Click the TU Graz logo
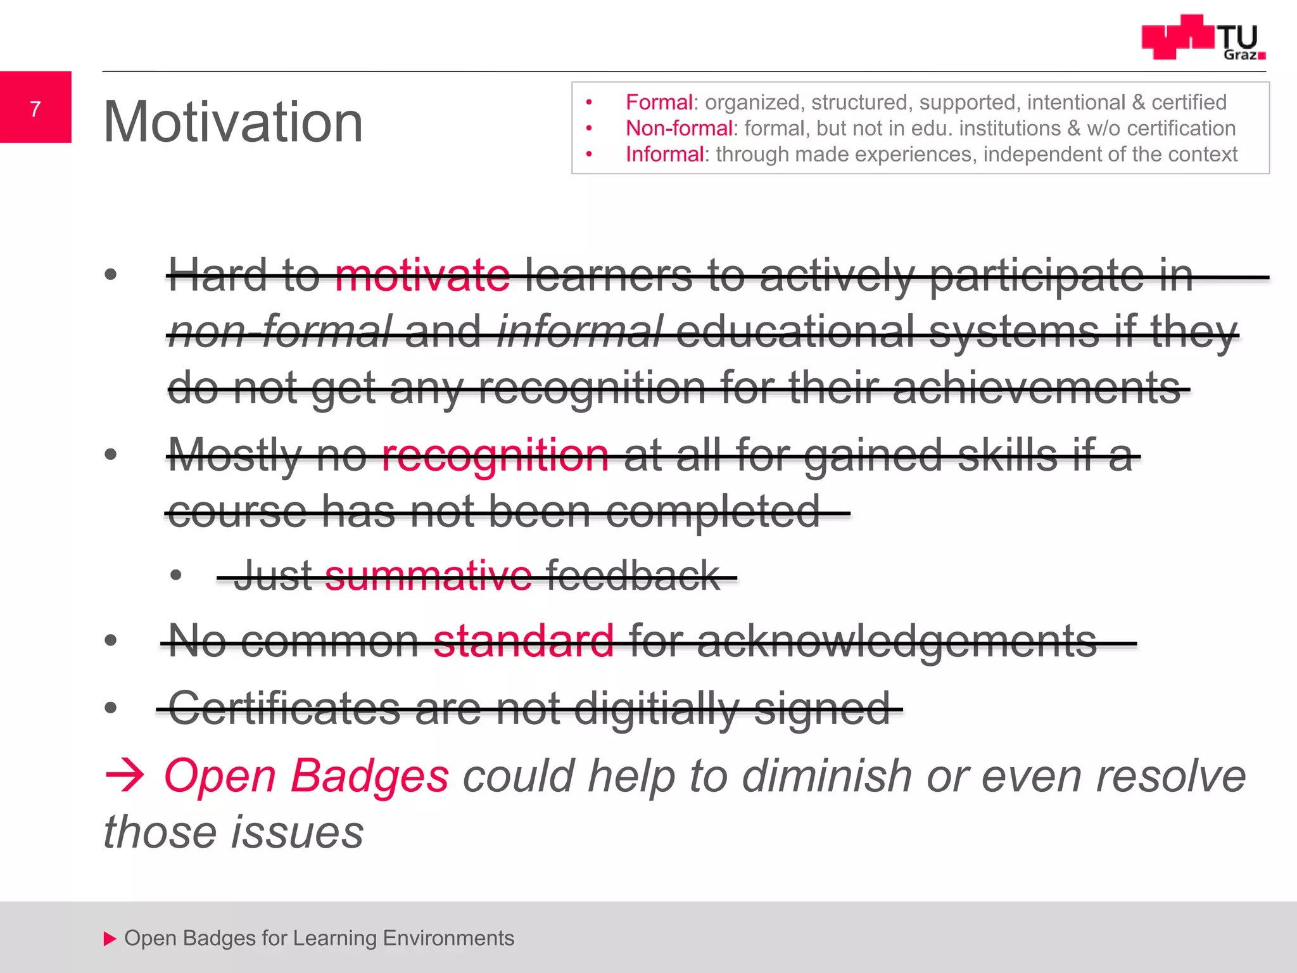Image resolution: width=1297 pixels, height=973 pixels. click(1203, 38)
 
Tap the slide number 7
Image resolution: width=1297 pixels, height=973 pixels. click(35, 109)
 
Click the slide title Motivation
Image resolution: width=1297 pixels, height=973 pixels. click(233, 122)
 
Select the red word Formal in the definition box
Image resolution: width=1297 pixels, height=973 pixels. click(659, 102)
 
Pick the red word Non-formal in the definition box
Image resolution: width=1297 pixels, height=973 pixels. click(679, 128)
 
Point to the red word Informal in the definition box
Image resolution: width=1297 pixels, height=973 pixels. click(664, 154)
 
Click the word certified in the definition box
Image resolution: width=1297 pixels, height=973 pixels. click(1189, 102)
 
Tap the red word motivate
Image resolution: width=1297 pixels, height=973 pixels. click(422, 276)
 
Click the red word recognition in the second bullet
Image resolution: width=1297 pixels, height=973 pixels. click(495, 455)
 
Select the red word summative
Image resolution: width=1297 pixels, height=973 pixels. click(428, 576)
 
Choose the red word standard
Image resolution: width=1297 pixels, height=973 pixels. click(524, 641)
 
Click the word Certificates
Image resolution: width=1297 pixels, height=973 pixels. click(284, 708)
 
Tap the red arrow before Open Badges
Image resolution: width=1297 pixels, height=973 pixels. click(125, 775)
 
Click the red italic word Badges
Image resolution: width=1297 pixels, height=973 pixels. click(370, 775)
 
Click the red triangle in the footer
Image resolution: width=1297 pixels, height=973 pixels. click(110, 938)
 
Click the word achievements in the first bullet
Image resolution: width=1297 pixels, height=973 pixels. click(1036, 388)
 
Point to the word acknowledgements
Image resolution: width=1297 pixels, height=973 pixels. click(897, 641)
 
